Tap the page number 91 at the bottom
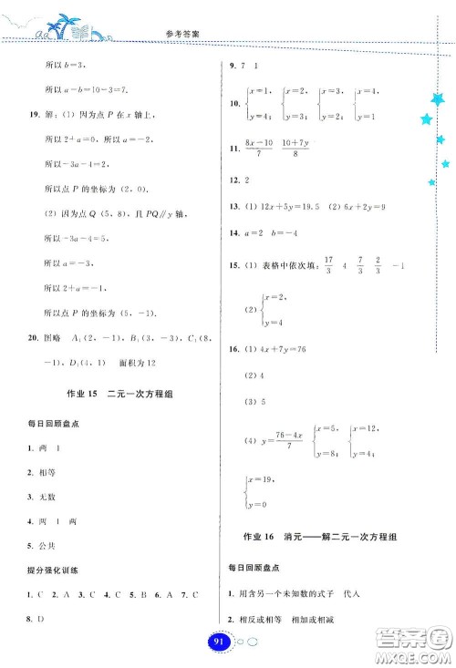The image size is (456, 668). coord(217,643)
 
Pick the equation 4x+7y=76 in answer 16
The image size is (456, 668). coord(294,349)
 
